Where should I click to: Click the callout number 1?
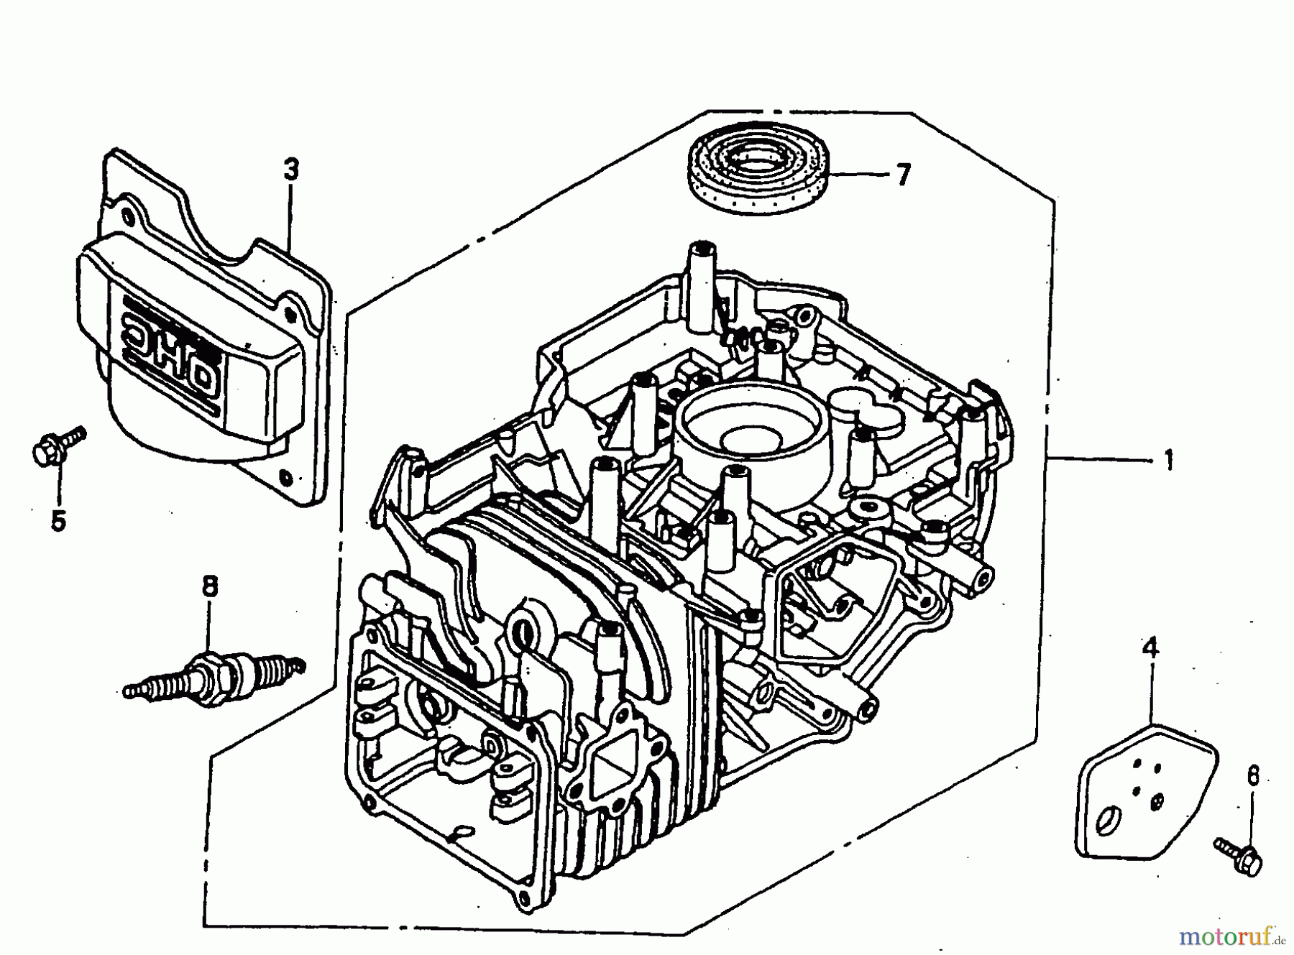coord(1168,458)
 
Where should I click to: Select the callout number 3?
coord(290,170)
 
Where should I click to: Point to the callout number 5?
coord(58,520)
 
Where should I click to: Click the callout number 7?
coord(902,175)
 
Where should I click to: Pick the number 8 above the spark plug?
coord(209,587)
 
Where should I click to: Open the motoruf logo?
coord(1233,936)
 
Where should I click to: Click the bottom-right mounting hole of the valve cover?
coord(288,476)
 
